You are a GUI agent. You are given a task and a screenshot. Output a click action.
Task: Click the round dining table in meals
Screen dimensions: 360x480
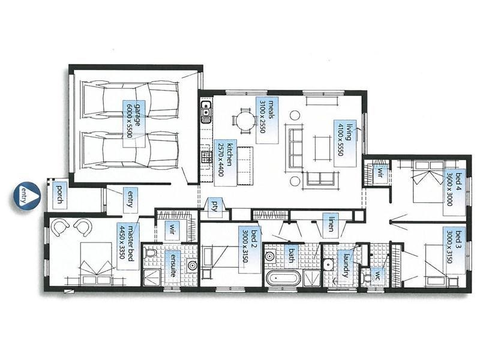(244, 121)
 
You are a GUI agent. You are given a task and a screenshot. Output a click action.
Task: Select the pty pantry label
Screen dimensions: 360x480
(214, 206)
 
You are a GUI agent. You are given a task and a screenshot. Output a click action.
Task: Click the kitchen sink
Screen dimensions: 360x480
(206, 110)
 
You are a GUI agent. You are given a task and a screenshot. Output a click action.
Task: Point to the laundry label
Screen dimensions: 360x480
(346, 264)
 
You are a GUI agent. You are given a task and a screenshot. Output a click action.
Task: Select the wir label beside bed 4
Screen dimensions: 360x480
(379, 173)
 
